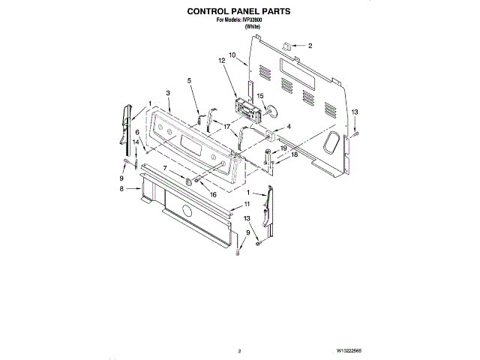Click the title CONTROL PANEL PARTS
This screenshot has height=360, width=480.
(239, 13)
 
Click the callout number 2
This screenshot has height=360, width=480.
(310, 46)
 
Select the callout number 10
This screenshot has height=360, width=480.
(232, 55)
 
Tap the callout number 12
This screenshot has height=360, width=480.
(222, 60)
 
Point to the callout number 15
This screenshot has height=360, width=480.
(261, 96)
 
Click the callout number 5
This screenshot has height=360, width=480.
(189, 80)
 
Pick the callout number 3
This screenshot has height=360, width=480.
(169, 92)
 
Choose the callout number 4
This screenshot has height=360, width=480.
(288, 127)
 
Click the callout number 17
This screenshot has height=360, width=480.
(226, 127)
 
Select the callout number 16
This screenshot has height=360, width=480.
(213, 194)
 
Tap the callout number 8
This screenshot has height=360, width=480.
(121, 190)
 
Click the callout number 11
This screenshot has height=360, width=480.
(247, 204)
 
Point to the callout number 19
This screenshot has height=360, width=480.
(283, 148)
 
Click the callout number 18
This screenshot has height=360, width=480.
(294, 154)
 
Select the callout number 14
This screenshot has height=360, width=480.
(136, 141)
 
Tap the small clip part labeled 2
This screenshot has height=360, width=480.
(286, 46)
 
